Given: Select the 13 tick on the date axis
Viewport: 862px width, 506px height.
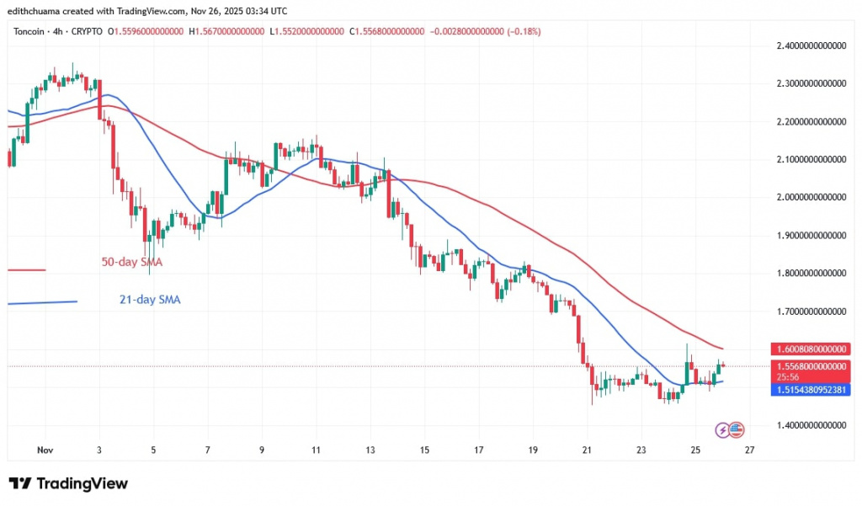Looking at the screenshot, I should pyautogui.click(x=370, y=450).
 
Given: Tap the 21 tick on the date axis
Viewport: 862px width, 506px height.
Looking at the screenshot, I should pyautogui.click(x=587, y=450).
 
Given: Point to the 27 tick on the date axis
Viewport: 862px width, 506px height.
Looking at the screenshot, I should pyautogui.click(x=749, y=450).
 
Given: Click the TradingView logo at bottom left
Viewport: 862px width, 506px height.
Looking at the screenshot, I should pyautogui.click(x=69, y=483).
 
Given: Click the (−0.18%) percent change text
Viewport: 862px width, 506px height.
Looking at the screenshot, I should pyautogui.click(x=521, y=32).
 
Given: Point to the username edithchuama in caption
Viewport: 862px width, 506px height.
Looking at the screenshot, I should pyautogui.click(x=38, y=10).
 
